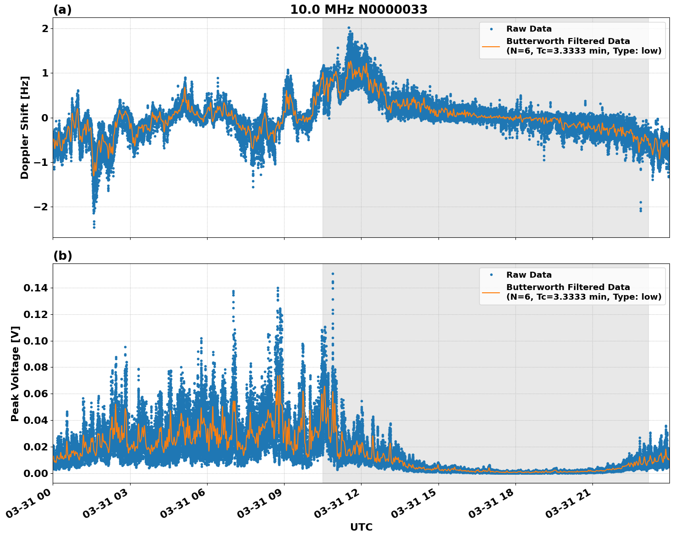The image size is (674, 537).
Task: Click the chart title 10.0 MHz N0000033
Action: point(358,10)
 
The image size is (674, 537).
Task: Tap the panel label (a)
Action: point(62,10)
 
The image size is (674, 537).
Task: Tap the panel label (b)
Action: point(62,256)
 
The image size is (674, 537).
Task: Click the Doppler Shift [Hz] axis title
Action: point(25,127)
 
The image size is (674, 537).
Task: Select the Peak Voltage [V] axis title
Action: point(15,373)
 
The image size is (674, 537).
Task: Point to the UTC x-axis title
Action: point(361,527)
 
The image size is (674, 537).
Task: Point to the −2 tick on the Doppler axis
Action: point(39,207)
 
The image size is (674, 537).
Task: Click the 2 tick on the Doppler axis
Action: point(45,28)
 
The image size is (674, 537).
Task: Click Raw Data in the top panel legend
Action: point(529,29)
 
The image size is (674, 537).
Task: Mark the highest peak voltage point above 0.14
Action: point(333,274)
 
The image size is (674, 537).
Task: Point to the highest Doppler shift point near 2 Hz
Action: point(349,28)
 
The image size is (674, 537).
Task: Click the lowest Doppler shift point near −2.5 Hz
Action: point(94,227)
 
